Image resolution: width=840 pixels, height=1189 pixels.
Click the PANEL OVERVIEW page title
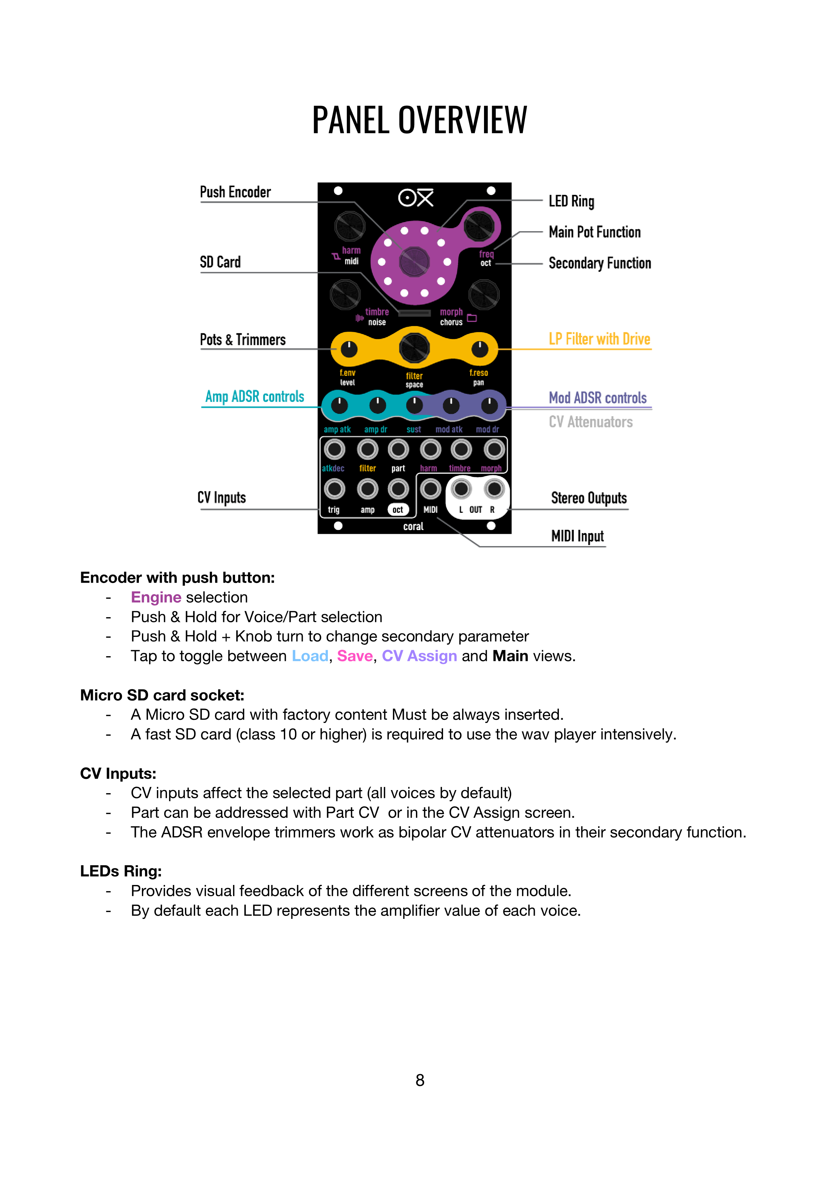(x=419, y=120)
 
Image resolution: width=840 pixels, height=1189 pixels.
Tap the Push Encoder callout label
(x=235, y=192)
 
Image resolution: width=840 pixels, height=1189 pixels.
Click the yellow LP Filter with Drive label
(x=599, y=339)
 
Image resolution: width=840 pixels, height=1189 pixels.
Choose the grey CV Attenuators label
(x=590, y=422)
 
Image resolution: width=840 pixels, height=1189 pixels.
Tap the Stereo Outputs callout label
(x=588, y=498)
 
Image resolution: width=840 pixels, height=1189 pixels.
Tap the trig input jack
(x=334, y=488)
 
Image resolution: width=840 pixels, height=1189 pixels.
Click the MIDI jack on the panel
(x=430, y=488)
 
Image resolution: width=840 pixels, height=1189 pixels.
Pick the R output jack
(x=494, y=488)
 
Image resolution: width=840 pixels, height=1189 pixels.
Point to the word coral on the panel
(x=413, y=527)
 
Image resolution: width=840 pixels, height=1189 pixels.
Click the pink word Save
(x=355, y=656)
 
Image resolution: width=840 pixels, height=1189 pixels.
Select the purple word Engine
(x=156, y=598)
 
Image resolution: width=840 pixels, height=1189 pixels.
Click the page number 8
(x=420, y=1080)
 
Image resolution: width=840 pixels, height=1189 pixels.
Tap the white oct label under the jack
(x=398, y=510)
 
